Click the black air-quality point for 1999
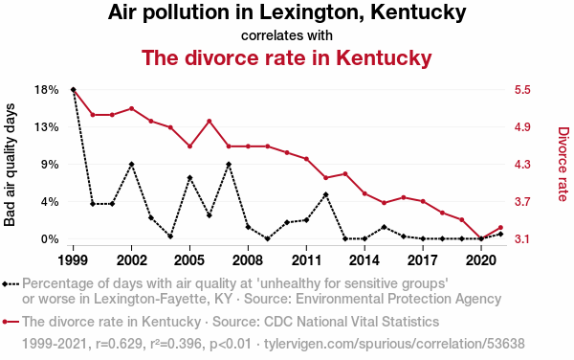coord(74,90)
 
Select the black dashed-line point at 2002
coord(131,164)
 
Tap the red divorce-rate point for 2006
coord(210,121)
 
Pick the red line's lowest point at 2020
coord(481,238)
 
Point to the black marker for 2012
coord(326,194)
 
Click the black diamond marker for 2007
coord(229,164)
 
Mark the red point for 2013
coord(345,174)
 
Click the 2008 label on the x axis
coord(248,260)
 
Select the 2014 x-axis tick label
coord(364,260)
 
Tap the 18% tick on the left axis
coord(47,90)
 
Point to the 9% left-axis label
coord(51,165)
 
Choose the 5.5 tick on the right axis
coord(522,90)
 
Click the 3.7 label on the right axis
coord(522,201)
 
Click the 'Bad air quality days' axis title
coord(10,165)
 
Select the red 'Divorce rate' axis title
coord(563,164)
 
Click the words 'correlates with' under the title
coord(287,35)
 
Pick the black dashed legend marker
coord(11,283)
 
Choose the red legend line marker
coord(11,322)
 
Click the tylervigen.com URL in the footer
coord(394,344)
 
